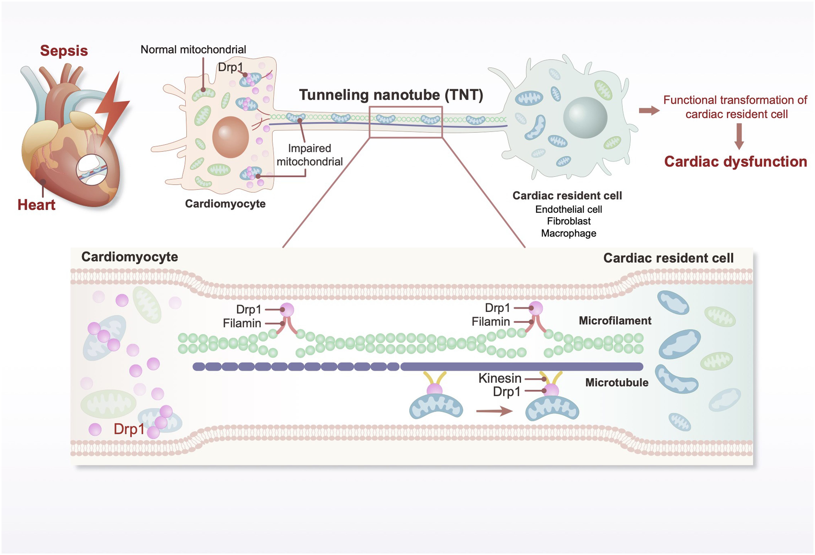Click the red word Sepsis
tap(64, 51)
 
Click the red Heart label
tap(36, 205)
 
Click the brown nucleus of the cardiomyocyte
tap(230, 137)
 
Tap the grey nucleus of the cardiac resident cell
tap(585, 117)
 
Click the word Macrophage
tap(568, 233)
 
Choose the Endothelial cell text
tap(568, 209)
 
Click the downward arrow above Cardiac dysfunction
tap(739, 137)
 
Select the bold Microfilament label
tap(615, 320)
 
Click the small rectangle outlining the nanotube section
tap(406, 107)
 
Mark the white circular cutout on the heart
tap(92, 170)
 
